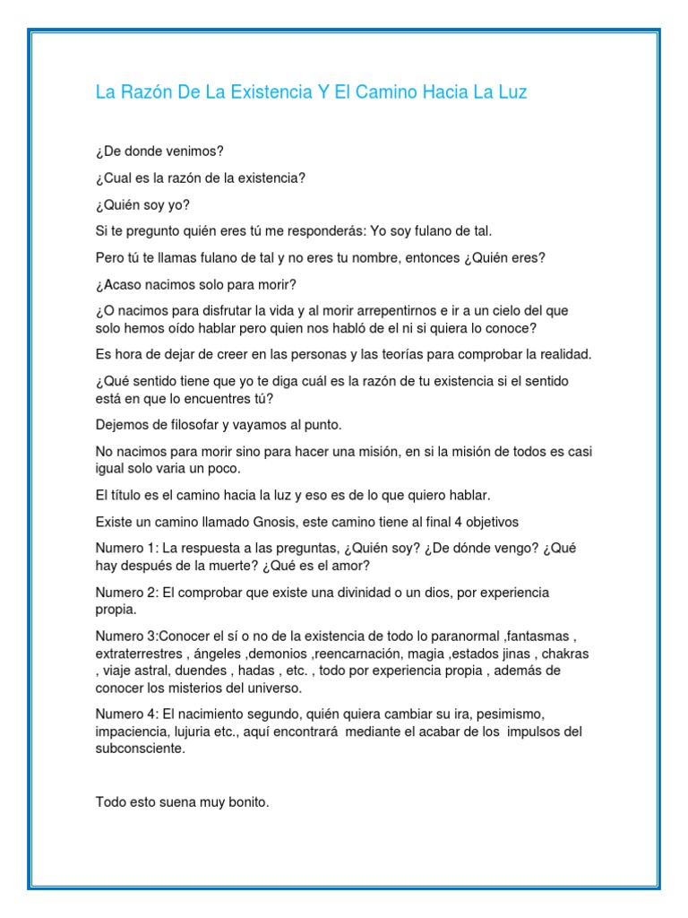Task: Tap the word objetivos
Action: [486, 521]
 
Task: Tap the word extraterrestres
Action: [139, 654]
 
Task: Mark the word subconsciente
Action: [139, 749]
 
